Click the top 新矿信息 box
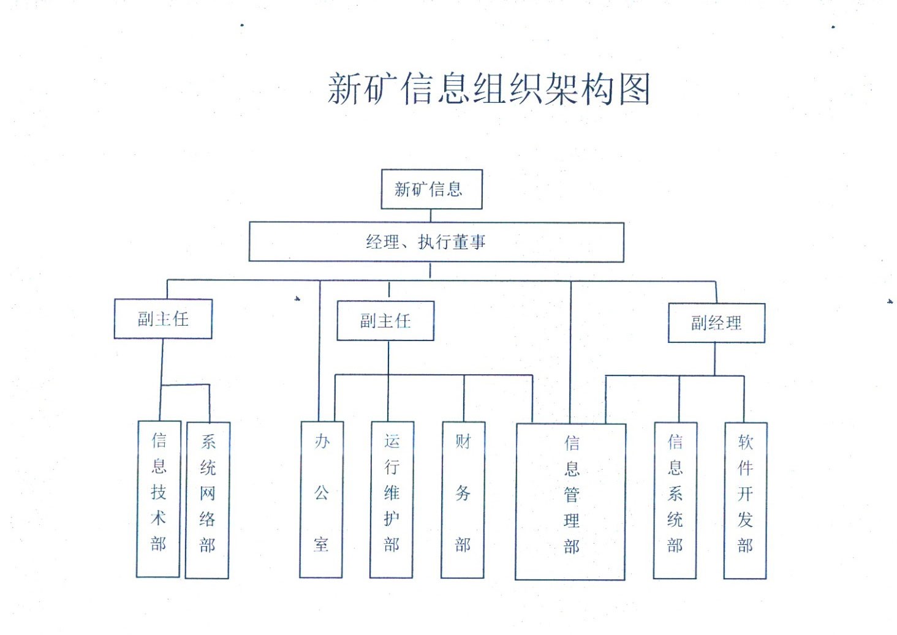pos(431,189)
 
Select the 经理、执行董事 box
pos(436,242)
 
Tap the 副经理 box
pos(716,323)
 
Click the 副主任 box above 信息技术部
pos(163,319)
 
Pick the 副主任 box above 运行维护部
pos(385,321)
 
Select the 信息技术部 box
pos(158,498)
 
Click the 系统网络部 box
pos(207,500)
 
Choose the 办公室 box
pos(321,499)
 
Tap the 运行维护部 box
pos(392,499)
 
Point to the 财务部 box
pos(463,499)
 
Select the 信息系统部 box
pos(675,500)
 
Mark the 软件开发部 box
pos(745,500)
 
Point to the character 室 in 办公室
pos(321,544)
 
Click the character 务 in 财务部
pos(463,493)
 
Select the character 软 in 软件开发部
pos(745,441)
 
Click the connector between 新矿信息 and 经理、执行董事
pos(431,216)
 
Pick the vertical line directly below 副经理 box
pos(714,359)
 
